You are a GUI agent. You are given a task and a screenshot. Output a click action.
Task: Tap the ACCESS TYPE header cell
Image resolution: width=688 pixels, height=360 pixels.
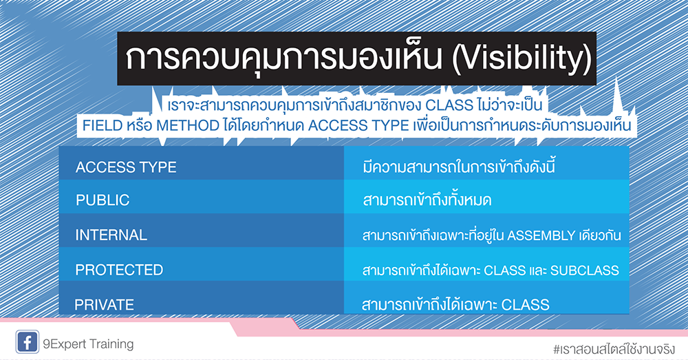126,167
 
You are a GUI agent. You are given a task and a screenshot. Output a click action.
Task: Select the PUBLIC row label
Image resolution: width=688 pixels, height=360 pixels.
103,200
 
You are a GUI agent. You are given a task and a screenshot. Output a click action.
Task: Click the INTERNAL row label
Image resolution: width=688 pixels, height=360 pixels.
111,235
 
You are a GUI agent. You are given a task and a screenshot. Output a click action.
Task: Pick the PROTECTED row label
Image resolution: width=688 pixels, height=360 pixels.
119,269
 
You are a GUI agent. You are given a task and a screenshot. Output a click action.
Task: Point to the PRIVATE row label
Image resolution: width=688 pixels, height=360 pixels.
105,304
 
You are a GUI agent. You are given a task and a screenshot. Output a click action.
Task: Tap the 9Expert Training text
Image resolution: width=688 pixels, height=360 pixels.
89,343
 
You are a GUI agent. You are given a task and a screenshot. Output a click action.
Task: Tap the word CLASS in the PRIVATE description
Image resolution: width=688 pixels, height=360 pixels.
526,304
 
